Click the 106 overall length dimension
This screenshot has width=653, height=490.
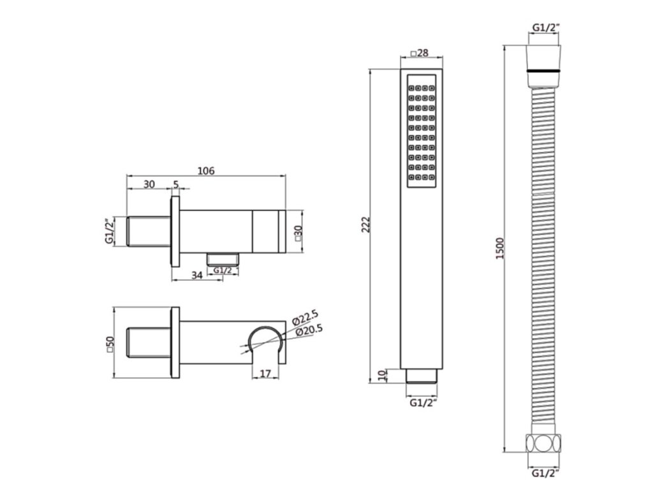[206, 171]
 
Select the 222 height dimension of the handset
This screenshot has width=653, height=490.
[365, 225]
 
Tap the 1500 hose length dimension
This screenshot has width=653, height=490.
[500, 248]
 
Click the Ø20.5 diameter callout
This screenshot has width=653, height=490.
[309, 330]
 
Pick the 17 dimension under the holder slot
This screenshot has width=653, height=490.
[265, 374]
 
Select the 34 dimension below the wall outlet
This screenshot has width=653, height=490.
[196, 276]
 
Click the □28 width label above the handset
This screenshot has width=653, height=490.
[420, 53]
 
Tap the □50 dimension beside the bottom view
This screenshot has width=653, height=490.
[110, 344]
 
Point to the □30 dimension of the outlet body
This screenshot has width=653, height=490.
[297, 234]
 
